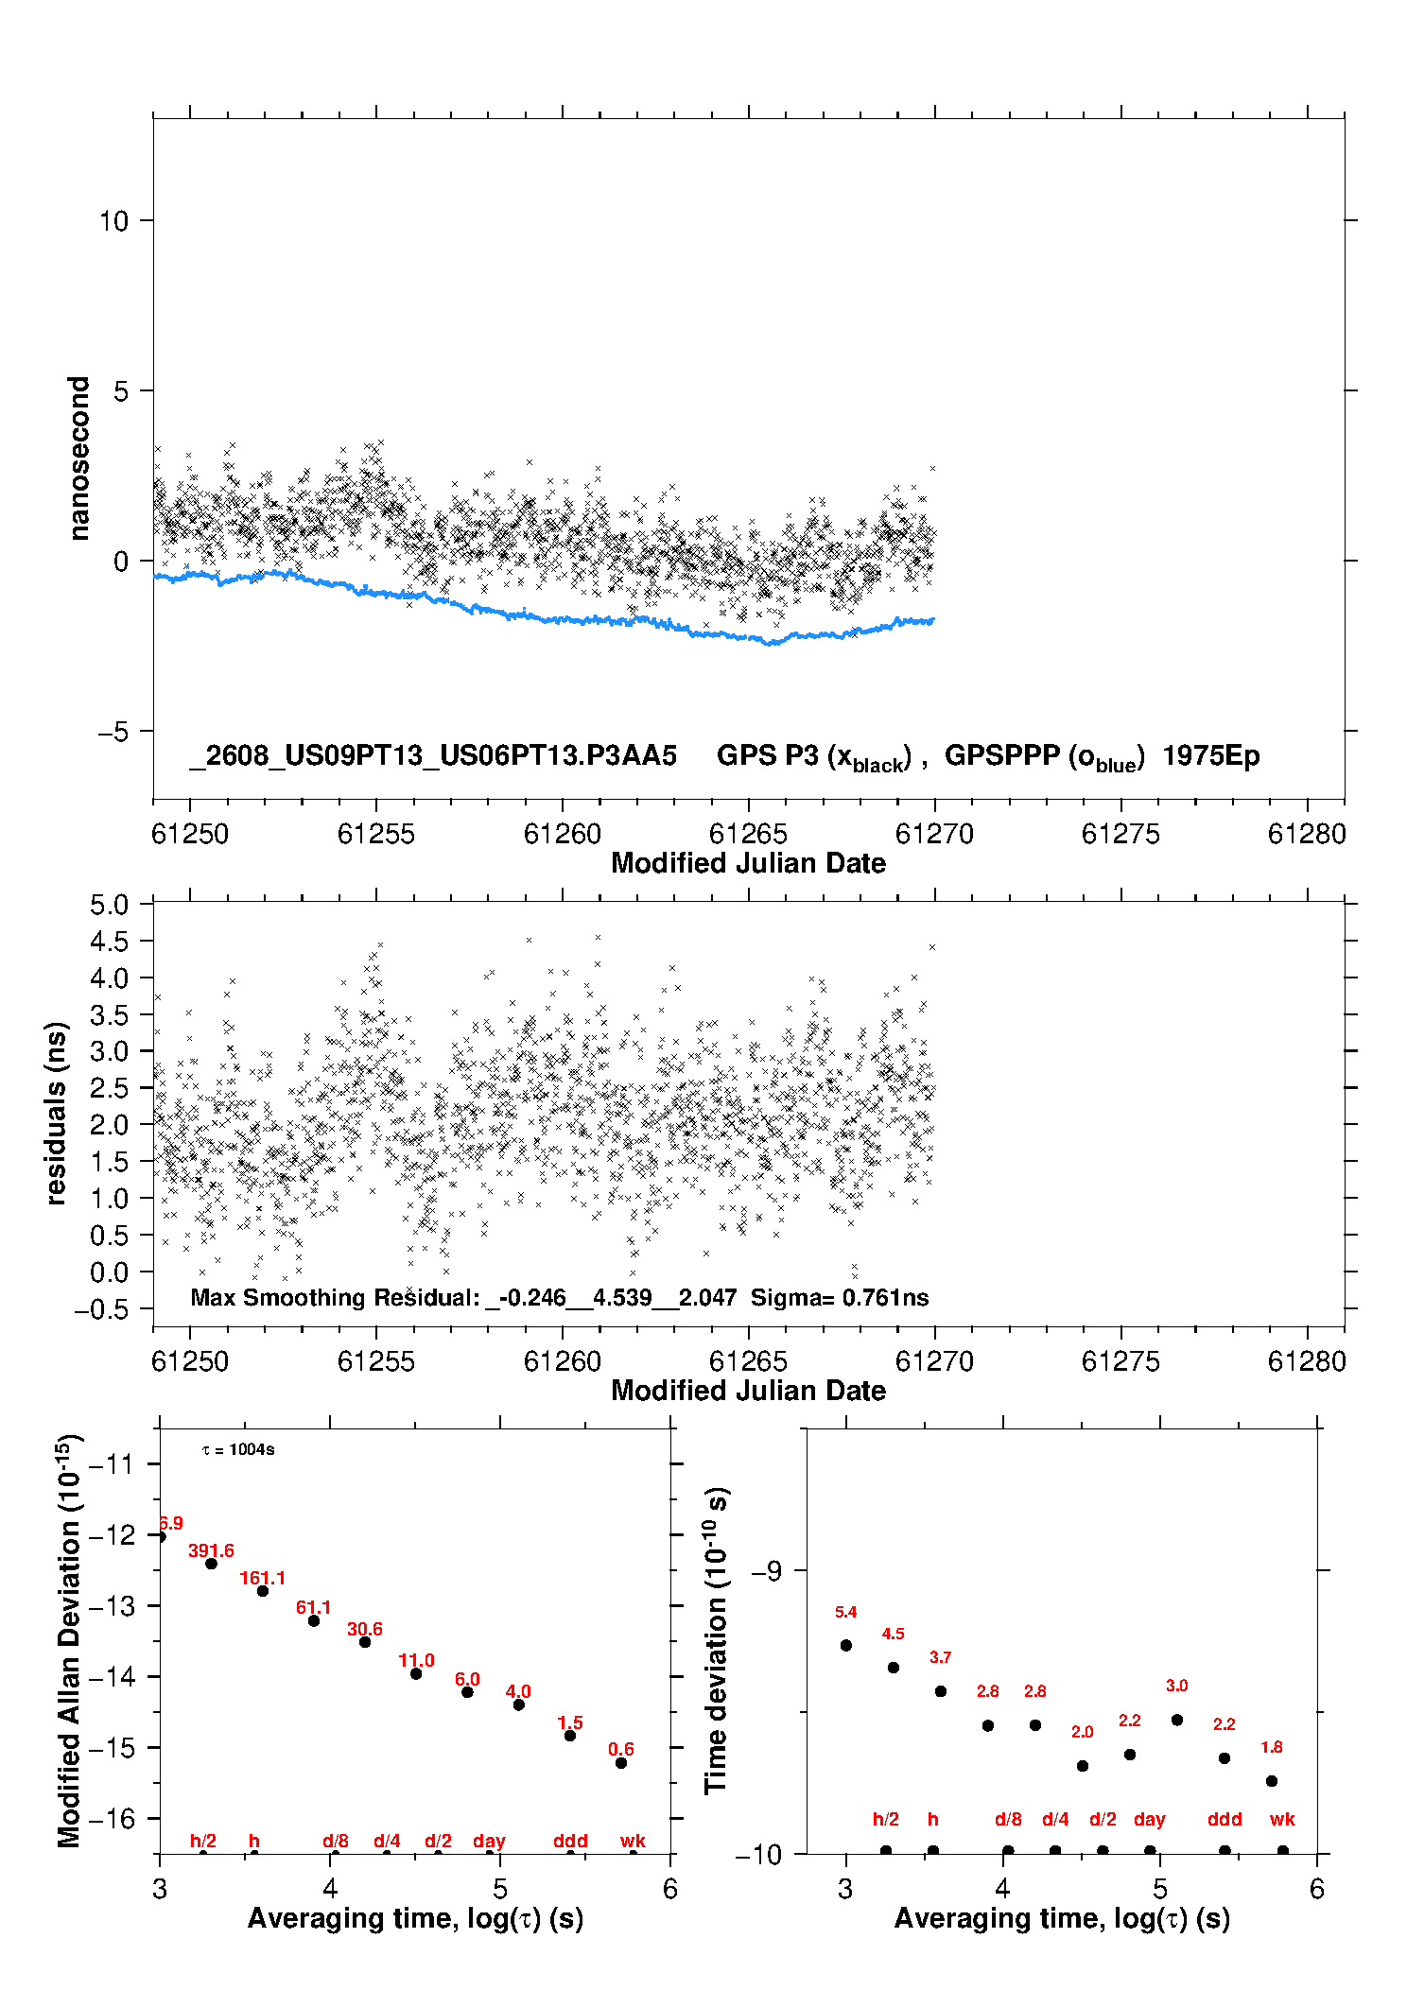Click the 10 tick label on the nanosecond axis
tap(113, 221)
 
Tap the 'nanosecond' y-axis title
tap(78, 459)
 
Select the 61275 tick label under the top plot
tap(1120, 834)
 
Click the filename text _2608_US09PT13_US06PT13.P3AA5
tap(433, 755)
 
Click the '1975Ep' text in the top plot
tap(1211, 756)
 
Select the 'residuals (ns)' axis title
tap(57, 1113)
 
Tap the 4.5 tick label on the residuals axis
tap(110, 942)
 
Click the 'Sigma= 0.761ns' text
tap(840, 1297)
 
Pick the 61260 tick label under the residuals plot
tap(563, 1361)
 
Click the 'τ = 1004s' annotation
tap(238, 1449)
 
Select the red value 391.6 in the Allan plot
tap(211, 1550)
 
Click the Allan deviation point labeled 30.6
tap(365, 1642)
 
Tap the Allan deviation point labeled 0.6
tap(621, 1763)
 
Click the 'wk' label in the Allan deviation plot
tap(633, 1841)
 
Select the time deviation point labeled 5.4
tap(846, 1645)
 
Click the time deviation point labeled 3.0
tap(1177, 1720)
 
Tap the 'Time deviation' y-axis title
tap(717, 1641)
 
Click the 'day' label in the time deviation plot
tap(1150, 1820)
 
